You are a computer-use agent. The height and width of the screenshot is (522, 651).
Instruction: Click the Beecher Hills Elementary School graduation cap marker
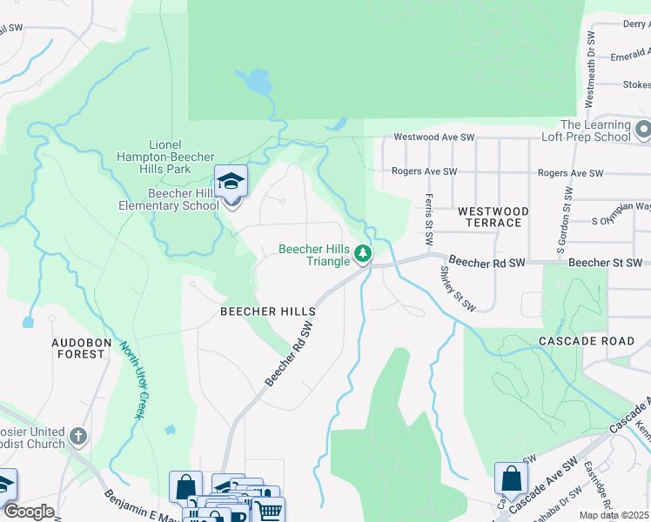231,182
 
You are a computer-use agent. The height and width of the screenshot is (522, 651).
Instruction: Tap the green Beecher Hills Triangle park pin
363,254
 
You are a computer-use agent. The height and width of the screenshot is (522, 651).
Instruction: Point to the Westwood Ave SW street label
433,137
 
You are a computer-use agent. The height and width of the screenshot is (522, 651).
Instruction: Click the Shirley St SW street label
457,288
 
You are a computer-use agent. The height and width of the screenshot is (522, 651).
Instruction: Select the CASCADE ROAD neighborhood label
587,341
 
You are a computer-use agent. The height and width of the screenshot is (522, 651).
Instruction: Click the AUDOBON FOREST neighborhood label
79,348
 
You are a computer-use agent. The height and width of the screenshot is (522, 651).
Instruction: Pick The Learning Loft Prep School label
595,131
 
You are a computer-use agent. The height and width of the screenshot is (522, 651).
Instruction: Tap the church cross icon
78,436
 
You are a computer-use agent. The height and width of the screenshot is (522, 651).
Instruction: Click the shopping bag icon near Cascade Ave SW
511,478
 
